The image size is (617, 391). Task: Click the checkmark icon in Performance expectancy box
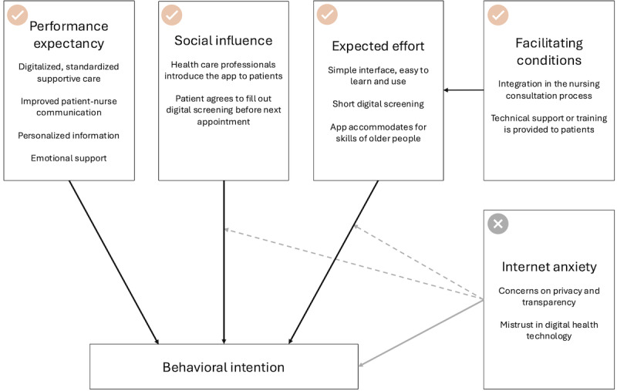click(17, 15)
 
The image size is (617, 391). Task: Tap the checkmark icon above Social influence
click(171, 15)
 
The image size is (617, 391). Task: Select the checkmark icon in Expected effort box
click(327, 15)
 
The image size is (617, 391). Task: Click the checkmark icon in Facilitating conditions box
click(497, 15)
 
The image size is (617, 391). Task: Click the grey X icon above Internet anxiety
click(497, 224)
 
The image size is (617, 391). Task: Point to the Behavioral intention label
click(224, 367)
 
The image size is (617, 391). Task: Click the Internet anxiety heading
click(549, 267)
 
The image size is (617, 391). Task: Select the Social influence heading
click(224, 41)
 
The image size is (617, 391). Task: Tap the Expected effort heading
click(378, 46)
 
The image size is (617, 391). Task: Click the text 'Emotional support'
click(69, 158)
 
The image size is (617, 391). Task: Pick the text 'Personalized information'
click(69, 135)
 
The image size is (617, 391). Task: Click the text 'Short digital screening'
click(378, 104)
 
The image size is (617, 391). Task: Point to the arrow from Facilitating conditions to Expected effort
click(464, 90)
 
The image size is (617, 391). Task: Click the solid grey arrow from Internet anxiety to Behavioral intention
click(421, 333)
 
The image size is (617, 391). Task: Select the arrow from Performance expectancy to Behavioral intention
click(113, 262)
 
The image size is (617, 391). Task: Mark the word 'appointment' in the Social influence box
click(224, 122)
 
